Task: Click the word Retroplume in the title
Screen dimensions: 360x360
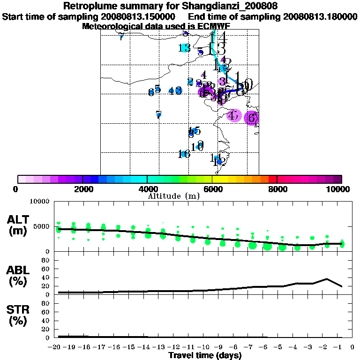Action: [x=89, y=7]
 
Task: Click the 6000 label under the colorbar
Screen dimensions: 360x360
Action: [x=212, y=189]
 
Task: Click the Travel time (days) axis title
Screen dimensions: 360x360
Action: [x=205, y=355]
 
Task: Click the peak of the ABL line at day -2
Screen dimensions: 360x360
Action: [x=327, y=279]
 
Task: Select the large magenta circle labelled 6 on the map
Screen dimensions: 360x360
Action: [x=252, y=118]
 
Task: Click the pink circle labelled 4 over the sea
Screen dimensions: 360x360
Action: [x=233, y=115]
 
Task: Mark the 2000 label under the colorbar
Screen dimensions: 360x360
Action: [x=82, y=189]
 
